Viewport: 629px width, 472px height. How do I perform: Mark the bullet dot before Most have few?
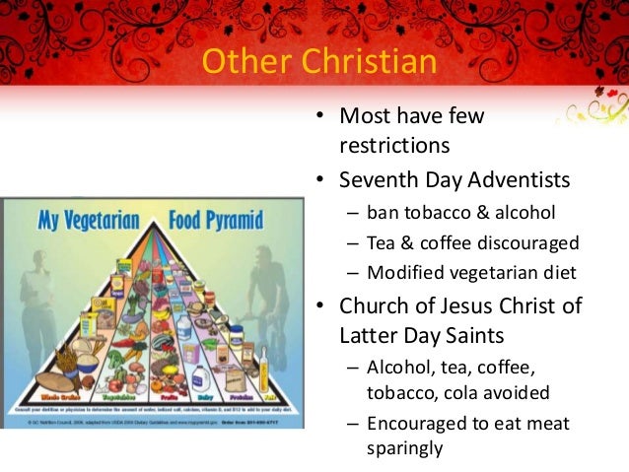point(319,117)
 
